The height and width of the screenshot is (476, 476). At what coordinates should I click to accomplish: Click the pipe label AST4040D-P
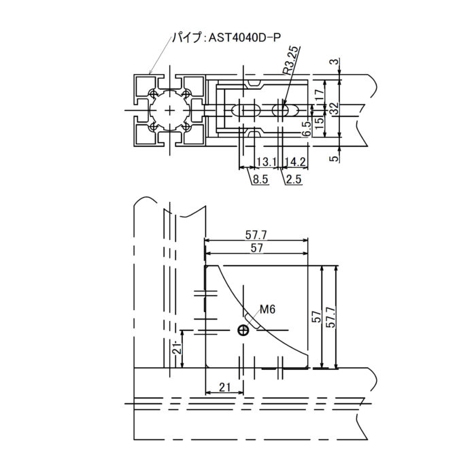[244, 37]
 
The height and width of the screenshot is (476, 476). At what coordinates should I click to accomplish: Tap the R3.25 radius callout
[292, 61]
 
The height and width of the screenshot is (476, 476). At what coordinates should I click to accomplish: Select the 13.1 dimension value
[267, 162]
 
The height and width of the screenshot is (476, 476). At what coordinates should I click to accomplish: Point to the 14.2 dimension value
[295, 162]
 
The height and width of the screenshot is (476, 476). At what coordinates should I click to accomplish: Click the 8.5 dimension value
[260, 180]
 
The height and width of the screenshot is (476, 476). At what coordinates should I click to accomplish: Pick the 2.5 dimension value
[294, 180]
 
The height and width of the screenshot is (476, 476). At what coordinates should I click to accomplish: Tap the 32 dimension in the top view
[334, 108]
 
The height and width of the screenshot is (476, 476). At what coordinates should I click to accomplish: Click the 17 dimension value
[319, 95]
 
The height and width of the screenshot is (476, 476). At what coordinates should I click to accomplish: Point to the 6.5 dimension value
[307, 129]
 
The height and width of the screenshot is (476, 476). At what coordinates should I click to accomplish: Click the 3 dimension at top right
[334, 62]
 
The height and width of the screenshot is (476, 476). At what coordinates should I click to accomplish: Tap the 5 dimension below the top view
[334, 158]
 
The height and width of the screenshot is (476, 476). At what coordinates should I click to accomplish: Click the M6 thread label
[267, 309]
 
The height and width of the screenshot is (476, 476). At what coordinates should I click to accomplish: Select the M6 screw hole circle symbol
[243, 330]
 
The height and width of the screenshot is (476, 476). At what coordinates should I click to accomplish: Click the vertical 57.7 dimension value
[331, 317]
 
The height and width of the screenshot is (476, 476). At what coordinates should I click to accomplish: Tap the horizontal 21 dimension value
[224, 387]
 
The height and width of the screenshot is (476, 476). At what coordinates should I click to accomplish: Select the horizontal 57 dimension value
[256, 248]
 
